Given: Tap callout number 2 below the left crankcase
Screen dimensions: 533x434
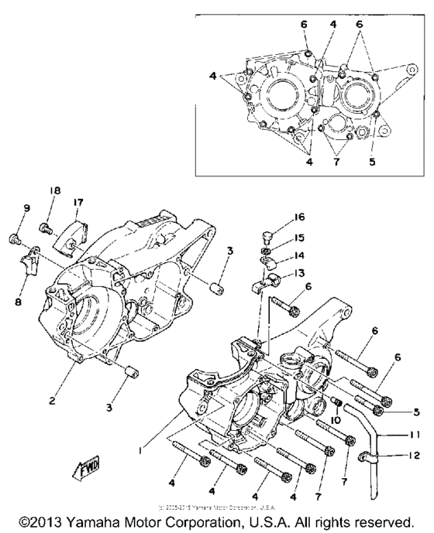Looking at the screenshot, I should (51, 401).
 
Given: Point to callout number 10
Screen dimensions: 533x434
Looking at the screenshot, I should (336, 420).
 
